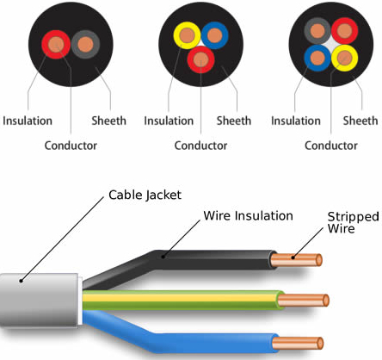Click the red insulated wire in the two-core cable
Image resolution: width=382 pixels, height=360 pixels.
[x=56, y=45]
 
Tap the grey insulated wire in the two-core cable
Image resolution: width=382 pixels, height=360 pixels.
[x=85, y=45]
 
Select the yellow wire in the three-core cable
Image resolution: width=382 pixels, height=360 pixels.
[x=187, y=35]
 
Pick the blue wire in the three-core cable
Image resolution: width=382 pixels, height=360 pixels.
[x=214, y=35]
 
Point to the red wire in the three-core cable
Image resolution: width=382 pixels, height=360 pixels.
[x=200, y=59]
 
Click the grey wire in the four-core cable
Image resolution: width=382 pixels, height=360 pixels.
[x=317, y=31]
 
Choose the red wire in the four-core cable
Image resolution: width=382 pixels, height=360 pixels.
[x=345, y=31]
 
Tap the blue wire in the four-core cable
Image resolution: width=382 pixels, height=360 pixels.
[x=317, y=58]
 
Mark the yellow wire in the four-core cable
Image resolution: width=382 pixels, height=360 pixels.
[x=345, y=58]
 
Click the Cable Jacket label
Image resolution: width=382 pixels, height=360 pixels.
[x=145, y=196]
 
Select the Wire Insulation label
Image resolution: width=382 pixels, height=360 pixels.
[x=248, y=215]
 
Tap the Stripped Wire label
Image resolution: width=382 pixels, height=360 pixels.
[x=353, y=222]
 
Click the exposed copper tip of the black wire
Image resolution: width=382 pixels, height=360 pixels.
[x=296, y=260]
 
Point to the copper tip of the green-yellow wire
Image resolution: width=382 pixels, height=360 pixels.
[x=304, y=301]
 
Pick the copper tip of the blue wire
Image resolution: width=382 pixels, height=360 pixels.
[x=298, y=344]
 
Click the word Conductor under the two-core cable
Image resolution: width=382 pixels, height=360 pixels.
[x=71, y=146]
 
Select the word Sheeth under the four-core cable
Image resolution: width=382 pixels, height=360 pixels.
[x=360, y=121]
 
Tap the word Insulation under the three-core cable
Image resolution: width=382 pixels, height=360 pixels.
[x=169, y=121]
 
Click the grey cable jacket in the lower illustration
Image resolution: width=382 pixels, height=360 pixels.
[x=40, y=301]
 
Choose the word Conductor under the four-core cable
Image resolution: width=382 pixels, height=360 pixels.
[x=331, y=146]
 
